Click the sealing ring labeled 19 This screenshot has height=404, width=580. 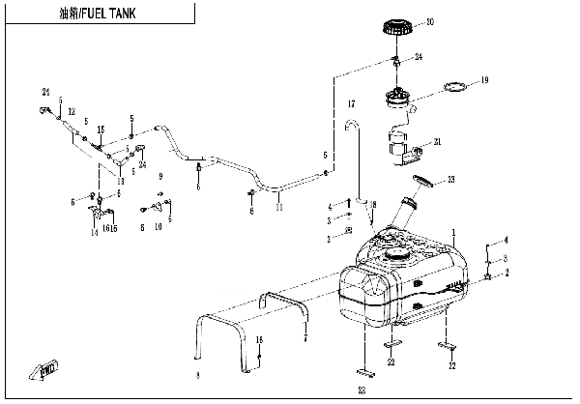[x=454, y=90]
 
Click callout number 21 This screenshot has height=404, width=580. [x=437, y=142]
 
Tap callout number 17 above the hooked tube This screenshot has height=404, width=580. [x=352, y=103]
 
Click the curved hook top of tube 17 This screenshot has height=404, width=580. [x=352, y=123]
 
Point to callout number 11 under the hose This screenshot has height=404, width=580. [x=279, y=208]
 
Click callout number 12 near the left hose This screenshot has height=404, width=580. [x=72, y=113]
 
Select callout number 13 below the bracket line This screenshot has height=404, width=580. [x=120, y=181]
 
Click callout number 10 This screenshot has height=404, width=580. [x=159, y=227]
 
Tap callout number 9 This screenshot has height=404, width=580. [x=160, y=176]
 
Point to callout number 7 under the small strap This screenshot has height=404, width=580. [x=305, y=339]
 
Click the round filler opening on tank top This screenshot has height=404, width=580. [x=396, y=254]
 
